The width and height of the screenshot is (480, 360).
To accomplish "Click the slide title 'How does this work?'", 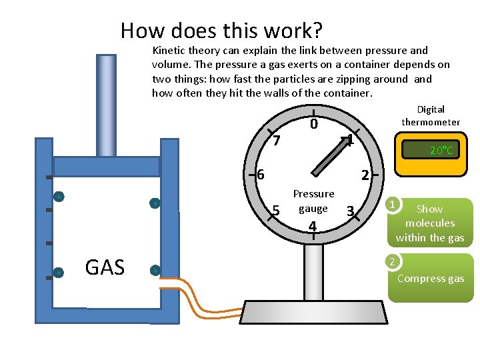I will point(221,31).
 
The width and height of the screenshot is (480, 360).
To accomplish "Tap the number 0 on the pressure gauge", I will point(313,125).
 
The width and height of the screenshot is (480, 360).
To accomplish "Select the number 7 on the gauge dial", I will point(277,141).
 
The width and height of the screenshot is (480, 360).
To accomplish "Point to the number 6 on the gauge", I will point(261,175).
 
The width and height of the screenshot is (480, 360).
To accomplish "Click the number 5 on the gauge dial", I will point(276,211).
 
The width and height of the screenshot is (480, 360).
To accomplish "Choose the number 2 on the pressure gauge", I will point(365,176).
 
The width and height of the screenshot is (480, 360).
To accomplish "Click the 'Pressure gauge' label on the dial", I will point(313,201).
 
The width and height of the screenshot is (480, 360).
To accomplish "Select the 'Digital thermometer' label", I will point(431,115).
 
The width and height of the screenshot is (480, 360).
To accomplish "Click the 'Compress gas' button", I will point(431,278).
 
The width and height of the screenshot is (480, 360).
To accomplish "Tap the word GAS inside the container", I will point(105,268).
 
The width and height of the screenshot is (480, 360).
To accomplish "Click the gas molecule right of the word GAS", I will point(155,271).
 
